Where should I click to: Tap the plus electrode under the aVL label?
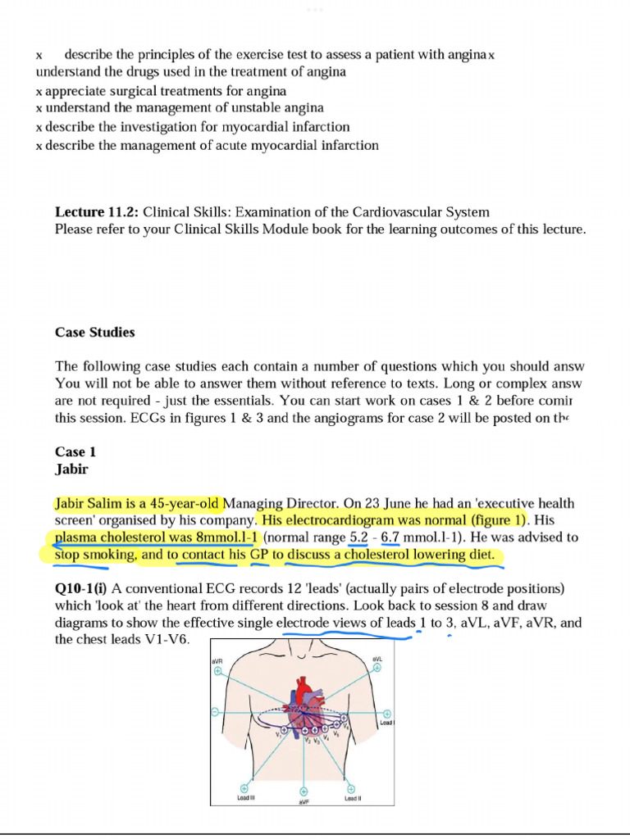click(x=377, y=668)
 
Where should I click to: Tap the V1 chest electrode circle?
click(x=285, y=728)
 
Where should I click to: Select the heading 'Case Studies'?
click(x=94, y=333)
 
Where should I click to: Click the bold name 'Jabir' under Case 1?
click(x=71, y=470)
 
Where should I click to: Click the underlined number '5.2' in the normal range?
click(x=359, y=537)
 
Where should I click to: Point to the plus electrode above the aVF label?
click(x=304, y=791)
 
